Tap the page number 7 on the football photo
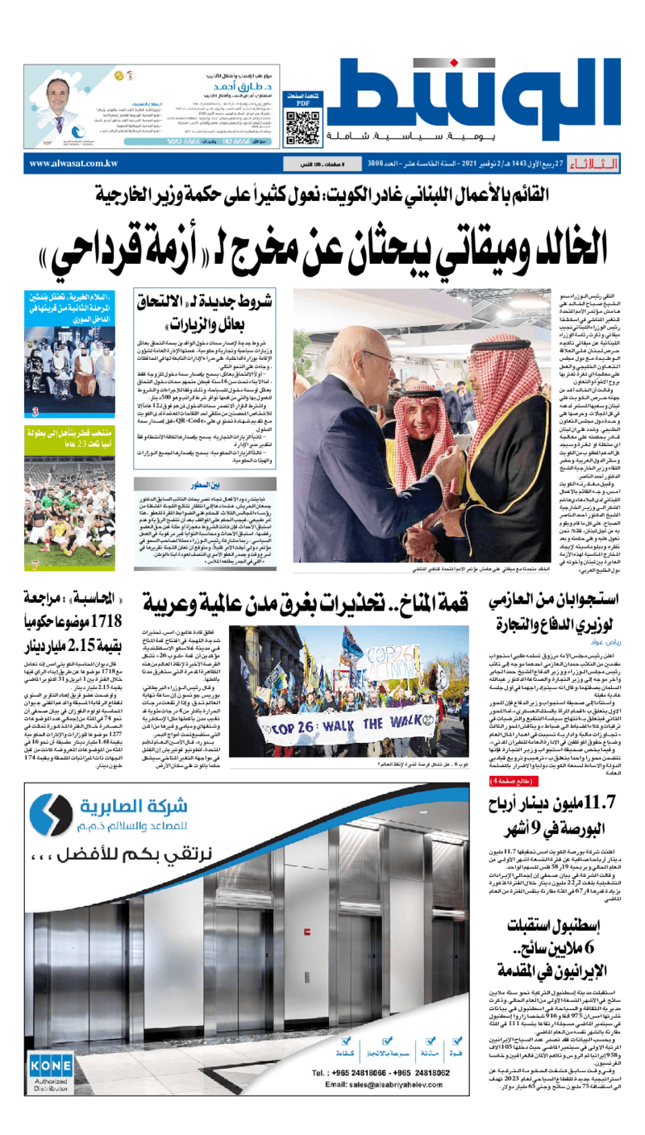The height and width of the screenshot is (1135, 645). (x=35, y=565)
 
